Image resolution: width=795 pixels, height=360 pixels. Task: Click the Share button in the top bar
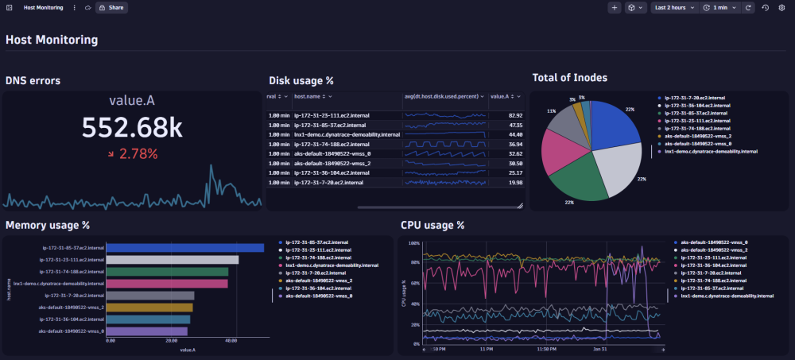[111, 7]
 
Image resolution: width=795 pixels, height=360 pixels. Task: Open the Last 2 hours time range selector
[671, 7]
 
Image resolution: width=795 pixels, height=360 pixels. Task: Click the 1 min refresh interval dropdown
[719, 7]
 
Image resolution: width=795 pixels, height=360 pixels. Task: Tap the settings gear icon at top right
[781, 7]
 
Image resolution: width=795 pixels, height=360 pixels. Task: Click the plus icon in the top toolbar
[615, 7]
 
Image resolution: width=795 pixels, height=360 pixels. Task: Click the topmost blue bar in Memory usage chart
[184, 248]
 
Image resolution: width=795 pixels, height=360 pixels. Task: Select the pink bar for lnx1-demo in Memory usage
[167, 283]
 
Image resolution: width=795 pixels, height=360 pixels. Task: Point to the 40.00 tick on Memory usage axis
[231, 340]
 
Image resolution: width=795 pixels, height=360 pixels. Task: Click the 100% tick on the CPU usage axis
[413, 243]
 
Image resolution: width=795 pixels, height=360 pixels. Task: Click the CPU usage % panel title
[432, 225]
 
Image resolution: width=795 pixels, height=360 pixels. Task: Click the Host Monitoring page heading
[52, 39]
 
